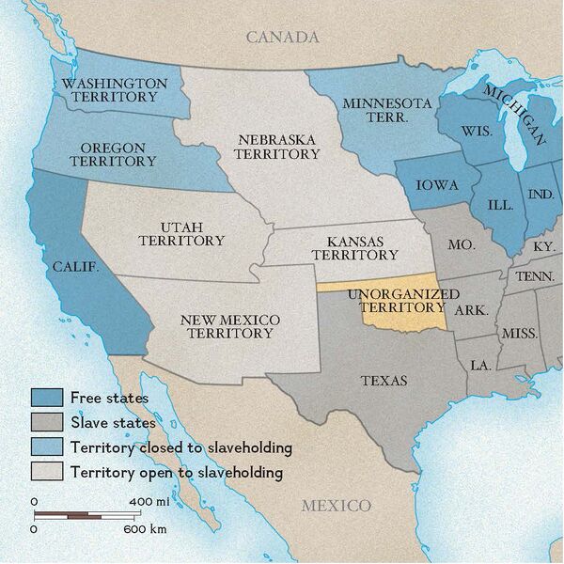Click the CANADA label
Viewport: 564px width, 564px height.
click(x=282, y=38)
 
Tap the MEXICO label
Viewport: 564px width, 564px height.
click(x=336, y=506)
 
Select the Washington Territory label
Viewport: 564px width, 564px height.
click(x=115, y=90)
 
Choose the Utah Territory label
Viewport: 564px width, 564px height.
click(x=181, y=234)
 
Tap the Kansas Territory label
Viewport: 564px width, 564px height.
click(x=354, y=247)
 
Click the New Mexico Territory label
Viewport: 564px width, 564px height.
click(x=229, y=326)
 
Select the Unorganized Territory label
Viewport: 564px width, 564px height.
click(x=396, y=301)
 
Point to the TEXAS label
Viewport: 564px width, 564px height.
click(x=384, y=381)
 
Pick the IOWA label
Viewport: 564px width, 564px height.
click(x=436, y=185)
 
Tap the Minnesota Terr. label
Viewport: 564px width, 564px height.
click(x=386, y=111)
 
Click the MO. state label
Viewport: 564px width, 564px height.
click(x=461, y=244)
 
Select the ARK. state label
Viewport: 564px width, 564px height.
click(x=470, y=309)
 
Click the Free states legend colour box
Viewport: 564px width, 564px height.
click(x=47, y=398)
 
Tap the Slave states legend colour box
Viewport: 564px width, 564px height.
click(x=47, y=422)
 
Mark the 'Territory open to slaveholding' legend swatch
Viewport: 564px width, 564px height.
click(x=47, y=471)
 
